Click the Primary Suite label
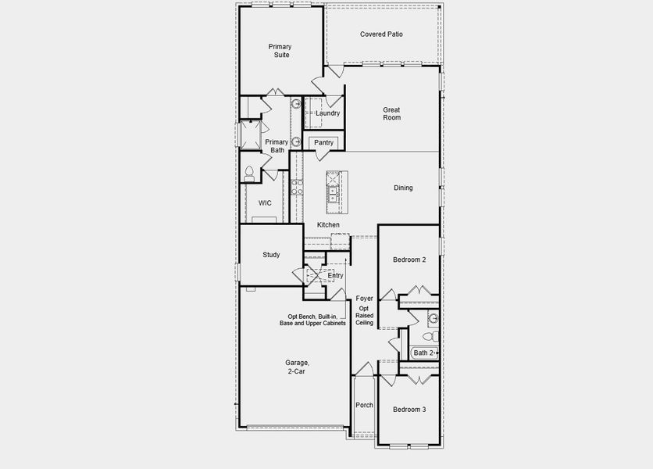click(x=280, y=51)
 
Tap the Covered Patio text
click(x=381, y=34)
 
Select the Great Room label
click(x=391, y=113)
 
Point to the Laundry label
click(x=327, y=113)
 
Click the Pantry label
click(x=323, y=142)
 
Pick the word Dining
click(x=403, y=188)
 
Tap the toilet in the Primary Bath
click(x=249, y=173)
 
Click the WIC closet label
click(x=265, y=203)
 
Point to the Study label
click(x=271, y=255)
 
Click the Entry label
click(x=335, y=276)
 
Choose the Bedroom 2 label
click(x=409, y=260)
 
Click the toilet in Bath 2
click(x=427, y=336)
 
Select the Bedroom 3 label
click(x=409, y=410)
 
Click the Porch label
click(x=364, y=406)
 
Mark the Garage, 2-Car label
click(x=297, y=367)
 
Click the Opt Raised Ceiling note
click(x=365, y=316)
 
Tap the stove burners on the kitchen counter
click(x=297, y=187)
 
